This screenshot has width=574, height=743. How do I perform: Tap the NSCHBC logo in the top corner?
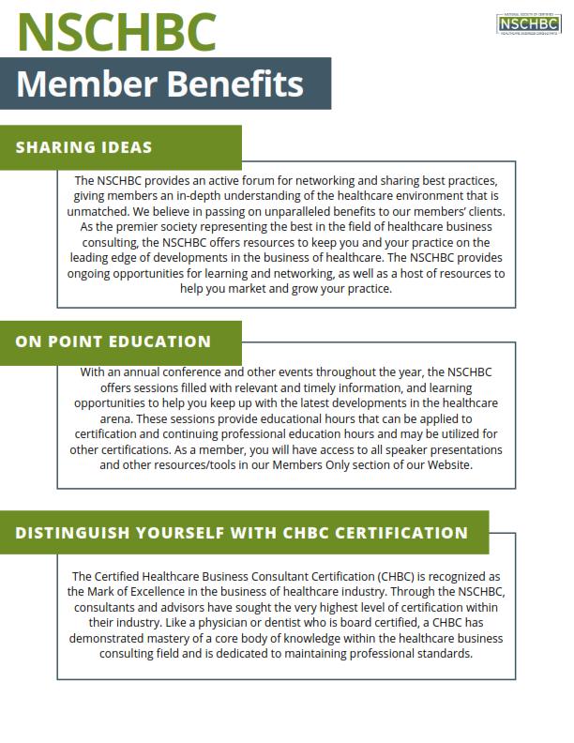(x=528, y=23)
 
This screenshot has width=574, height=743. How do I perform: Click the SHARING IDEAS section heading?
(x=83, y=147)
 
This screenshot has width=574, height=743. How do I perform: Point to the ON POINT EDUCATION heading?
(x=113, y=341)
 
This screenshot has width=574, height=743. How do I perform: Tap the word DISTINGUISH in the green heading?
(x=74, y=533)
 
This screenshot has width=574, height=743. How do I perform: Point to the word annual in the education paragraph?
(x=139, y=371)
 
